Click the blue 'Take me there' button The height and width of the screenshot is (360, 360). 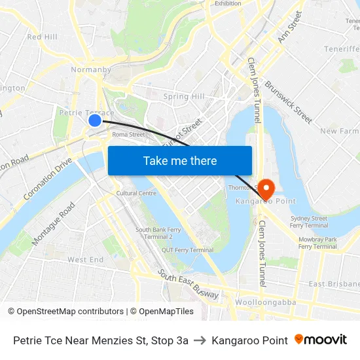(x=179, y=160)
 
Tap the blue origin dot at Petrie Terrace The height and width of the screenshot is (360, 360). (x=95, y=120)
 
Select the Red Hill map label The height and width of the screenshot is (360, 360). (x=42, y=37)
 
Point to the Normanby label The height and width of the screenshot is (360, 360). (x=90, y=69)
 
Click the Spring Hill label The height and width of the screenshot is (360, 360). (x=184, y=96)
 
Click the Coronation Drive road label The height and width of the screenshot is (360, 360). (x=48, y=178)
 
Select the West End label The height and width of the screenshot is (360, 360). (x=85, y=260)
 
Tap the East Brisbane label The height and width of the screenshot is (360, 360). (x=334, y=283)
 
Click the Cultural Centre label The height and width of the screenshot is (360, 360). (x=136, y=193)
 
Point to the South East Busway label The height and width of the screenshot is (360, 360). (x=188, y=285)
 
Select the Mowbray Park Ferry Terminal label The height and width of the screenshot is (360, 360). (x=317, y=243)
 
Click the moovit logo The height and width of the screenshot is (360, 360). (x=321, y=340)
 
